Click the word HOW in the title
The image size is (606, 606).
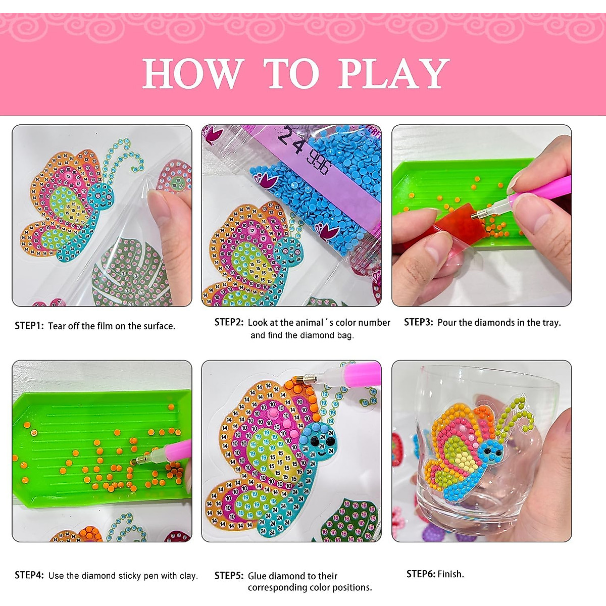(193, 74)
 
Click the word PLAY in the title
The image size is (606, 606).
(393, 74)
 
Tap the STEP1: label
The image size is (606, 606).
(29, 326)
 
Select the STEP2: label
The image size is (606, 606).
(229, 322)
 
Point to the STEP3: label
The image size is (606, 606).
(419, 322)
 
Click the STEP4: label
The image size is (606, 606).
(29, 575)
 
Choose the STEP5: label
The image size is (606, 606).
(229, 576)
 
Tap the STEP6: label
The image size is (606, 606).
(421, 574)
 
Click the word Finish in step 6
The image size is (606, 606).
(450, 574)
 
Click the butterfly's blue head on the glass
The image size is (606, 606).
(490, 450)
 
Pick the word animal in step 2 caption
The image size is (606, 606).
(309, 322)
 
